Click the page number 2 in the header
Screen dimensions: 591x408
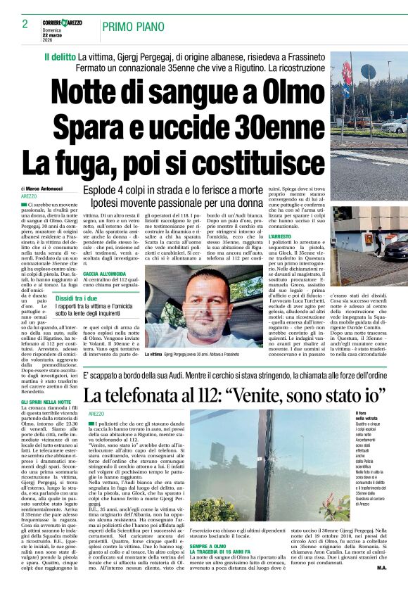[x=25, y=24]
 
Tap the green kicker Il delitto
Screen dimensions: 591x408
[x=60, y=56]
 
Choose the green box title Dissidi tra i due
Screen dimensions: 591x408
[x=77, y=298]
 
